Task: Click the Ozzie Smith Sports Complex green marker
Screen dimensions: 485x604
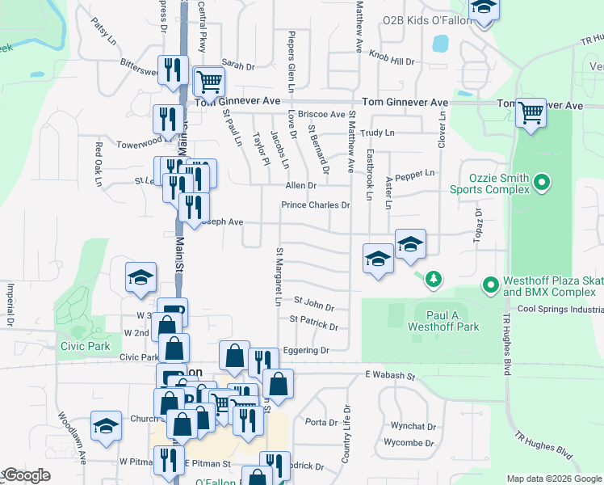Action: pyautogui.click(x=542, y=183)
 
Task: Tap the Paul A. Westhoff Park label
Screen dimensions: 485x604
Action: pyautogui.click(x=447, y=320)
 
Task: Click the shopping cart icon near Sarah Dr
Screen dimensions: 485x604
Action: pyautogui.click(x=209, y=79)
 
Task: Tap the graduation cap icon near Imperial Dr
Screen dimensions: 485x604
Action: pyautogui.click(x=141, y=276)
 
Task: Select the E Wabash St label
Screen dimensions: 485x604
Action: pyautogui.click(x=389, y=376)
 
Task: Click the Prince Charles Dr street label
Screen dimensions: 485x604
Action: pyautogui.click(x=315, y=205)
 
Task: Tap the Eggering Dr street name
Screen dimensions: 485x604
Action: pyautogui.click(x=306, y=351)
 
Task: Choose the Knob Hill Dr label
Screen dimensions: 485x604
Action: pyautogui.click(x=392, y=61)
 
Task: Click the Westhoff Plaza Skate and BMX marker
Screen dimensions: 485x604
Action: pyautogui.click(x=489, y=285)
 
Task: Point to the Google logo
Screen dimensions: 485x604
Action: pyautogui.click(x=27, y=475)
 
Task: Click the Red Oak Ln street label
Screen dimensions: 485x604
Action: pyautogui.click(x=99, y=165)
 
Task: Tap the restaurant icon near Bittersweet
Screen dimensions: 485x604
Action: pyautogui.click(x=170, y=70)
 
